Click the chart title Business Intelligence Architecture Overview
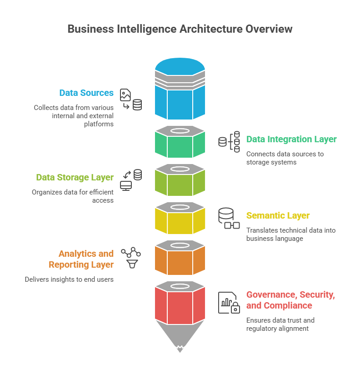(x=180, y=29)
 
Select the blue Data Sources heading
(x=86, y=93)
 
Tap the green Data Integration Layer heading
(x=291, y=139)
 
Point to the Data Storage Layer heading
(x=75, y=177)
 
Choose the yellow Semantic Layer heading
(x=278, y=215)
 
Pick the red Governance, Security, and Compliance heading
(x=291, y=300)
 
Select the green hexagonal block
(x=180, y=145)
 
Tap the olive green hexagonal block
(x=180, y=183)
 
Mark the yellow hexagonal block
(x=180, y=221)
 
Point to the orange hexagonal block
(x=180, y=259)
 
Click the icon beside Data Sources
(x=130, y=100)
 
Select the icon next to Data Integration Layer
(x=230, y=142)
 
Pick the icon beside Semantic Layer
(x=229, y=218)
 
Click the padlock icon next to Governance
(x=235, y=309)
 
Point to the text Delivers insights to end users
(x=69, y=279)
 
